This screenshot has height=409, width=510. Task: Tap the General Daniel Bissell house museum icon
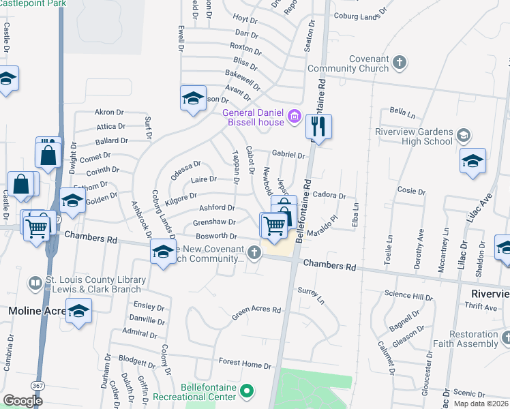click(295, 116)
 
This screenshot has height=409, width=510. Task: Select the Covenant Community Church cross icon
click(400, 63)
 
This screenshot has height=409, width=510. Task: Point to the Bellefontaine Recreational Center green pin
click(250, 391)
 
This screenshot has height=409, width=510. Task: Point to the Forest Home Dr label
click(245, 365)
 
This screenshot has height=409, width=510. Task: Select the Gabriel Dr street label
click(288, 155)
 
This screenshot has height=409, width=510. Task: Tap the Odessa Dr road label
click(185, 169)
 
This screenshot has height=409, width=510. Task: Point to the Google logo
click(24, 400)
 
